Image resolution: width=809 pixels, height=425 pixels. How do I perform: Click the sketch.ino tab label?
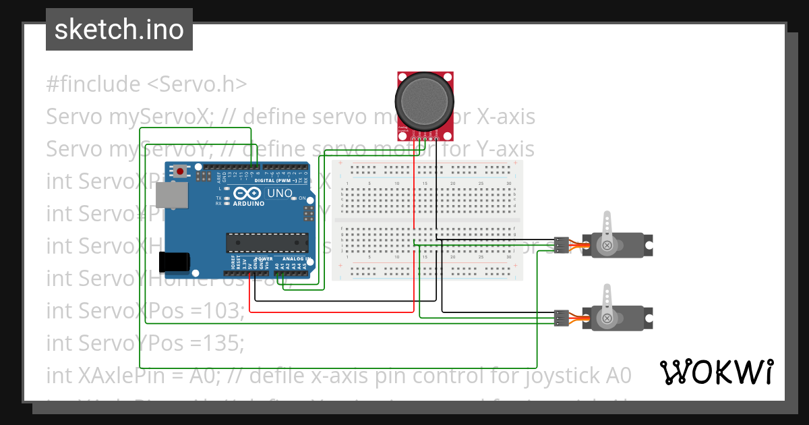tap(119, 30)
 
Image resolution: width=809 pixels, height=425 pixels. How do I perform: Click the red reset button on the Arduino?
tap(181, 172)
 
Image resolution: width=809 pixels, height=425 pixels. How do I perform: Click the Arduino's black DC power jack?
tap(173, 263)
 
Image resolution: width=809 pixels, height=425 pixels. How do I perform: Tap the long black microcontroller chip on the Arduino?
tap(266, 241)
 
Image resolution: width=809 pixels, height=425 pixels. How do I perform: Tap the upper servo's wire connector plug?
tap(560, 244)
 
